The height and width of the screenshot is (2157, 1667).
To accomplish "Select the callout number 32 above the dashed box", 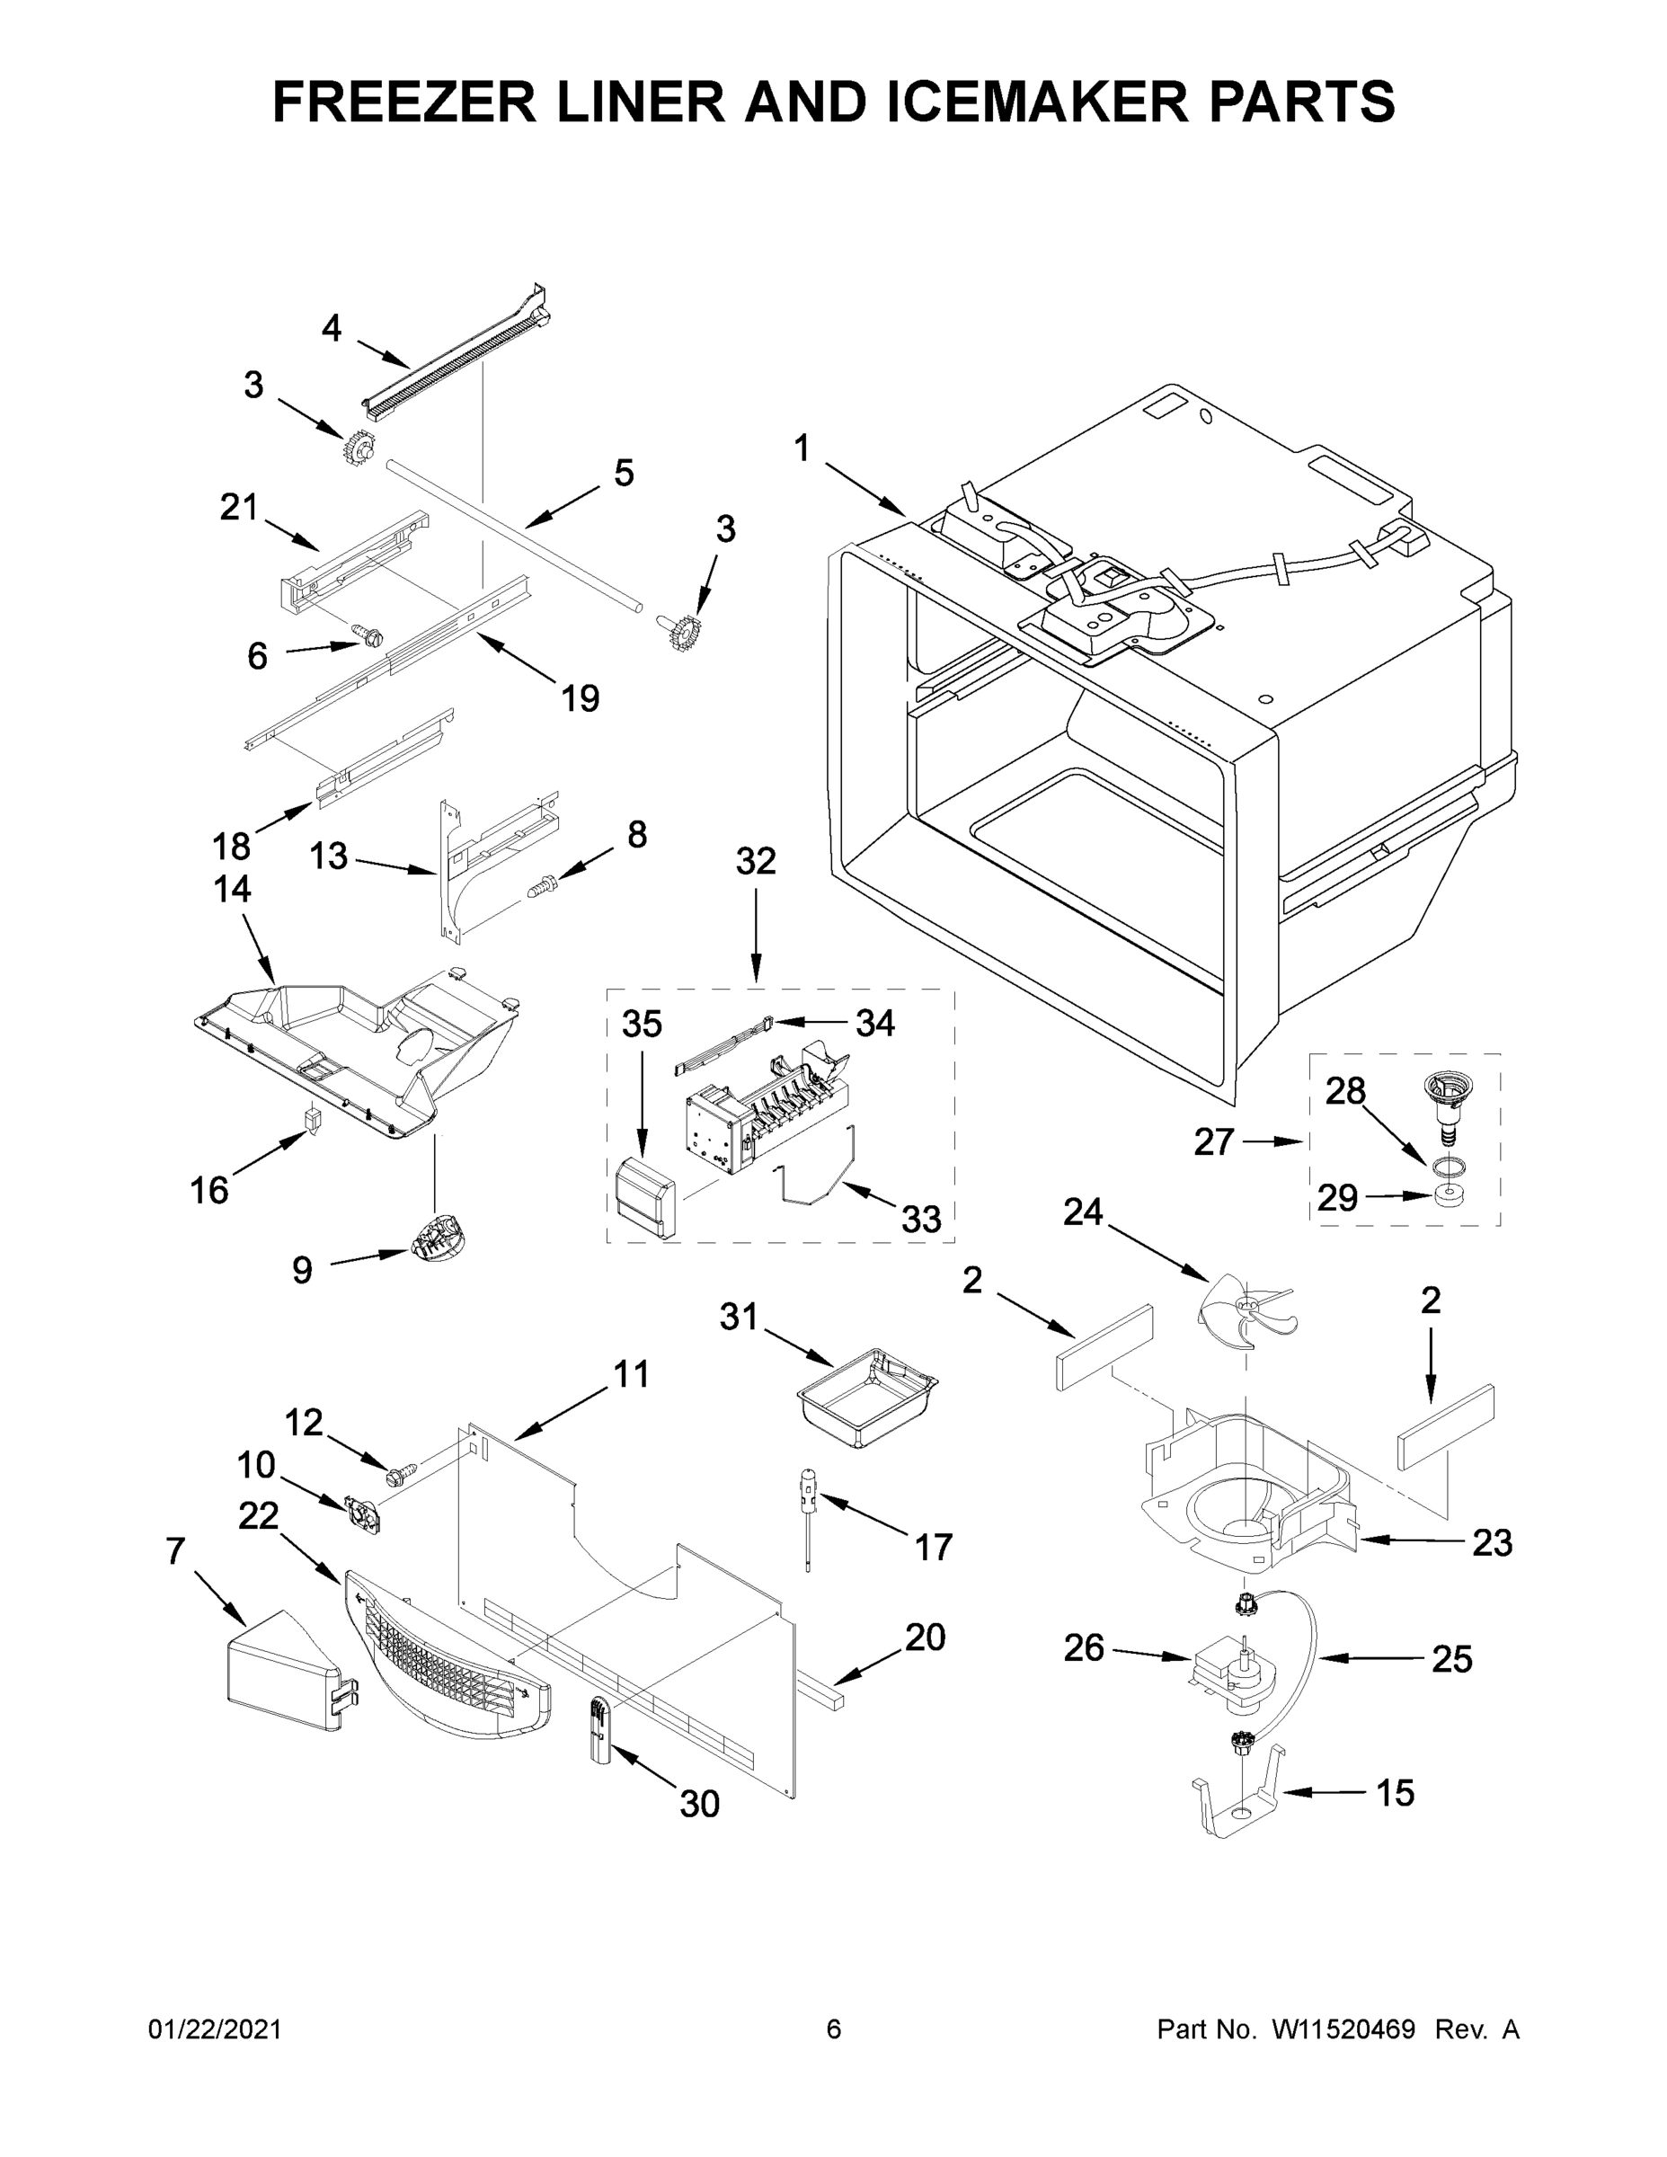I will coord(756,861).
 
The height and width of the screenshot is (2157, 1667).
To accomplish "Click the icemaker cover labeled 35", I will coord(643,1198).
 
